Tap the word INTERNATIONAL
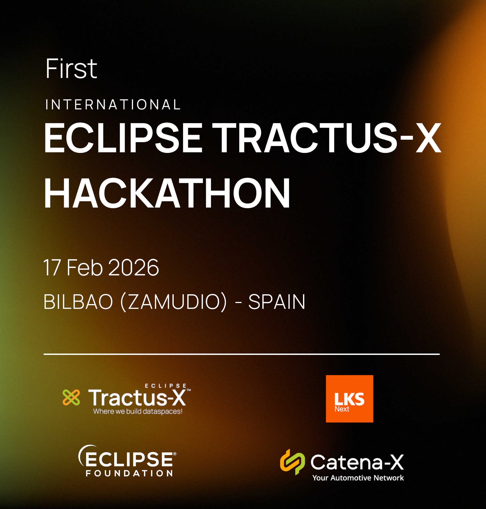(113, 105)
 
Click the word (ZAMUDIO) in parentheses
(174, 302)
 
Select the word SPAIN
(277, 302)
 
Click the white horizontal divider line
(241, 354)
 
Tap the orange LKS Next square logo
(350, 399)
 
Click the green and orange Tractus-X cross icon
(71, 397)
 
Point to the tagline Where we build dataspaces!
(138, 411)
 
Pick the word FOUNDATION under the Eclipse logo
(129, 474)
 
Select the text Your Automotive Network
(358, 478)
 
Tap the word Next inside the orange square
(342, 409)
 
